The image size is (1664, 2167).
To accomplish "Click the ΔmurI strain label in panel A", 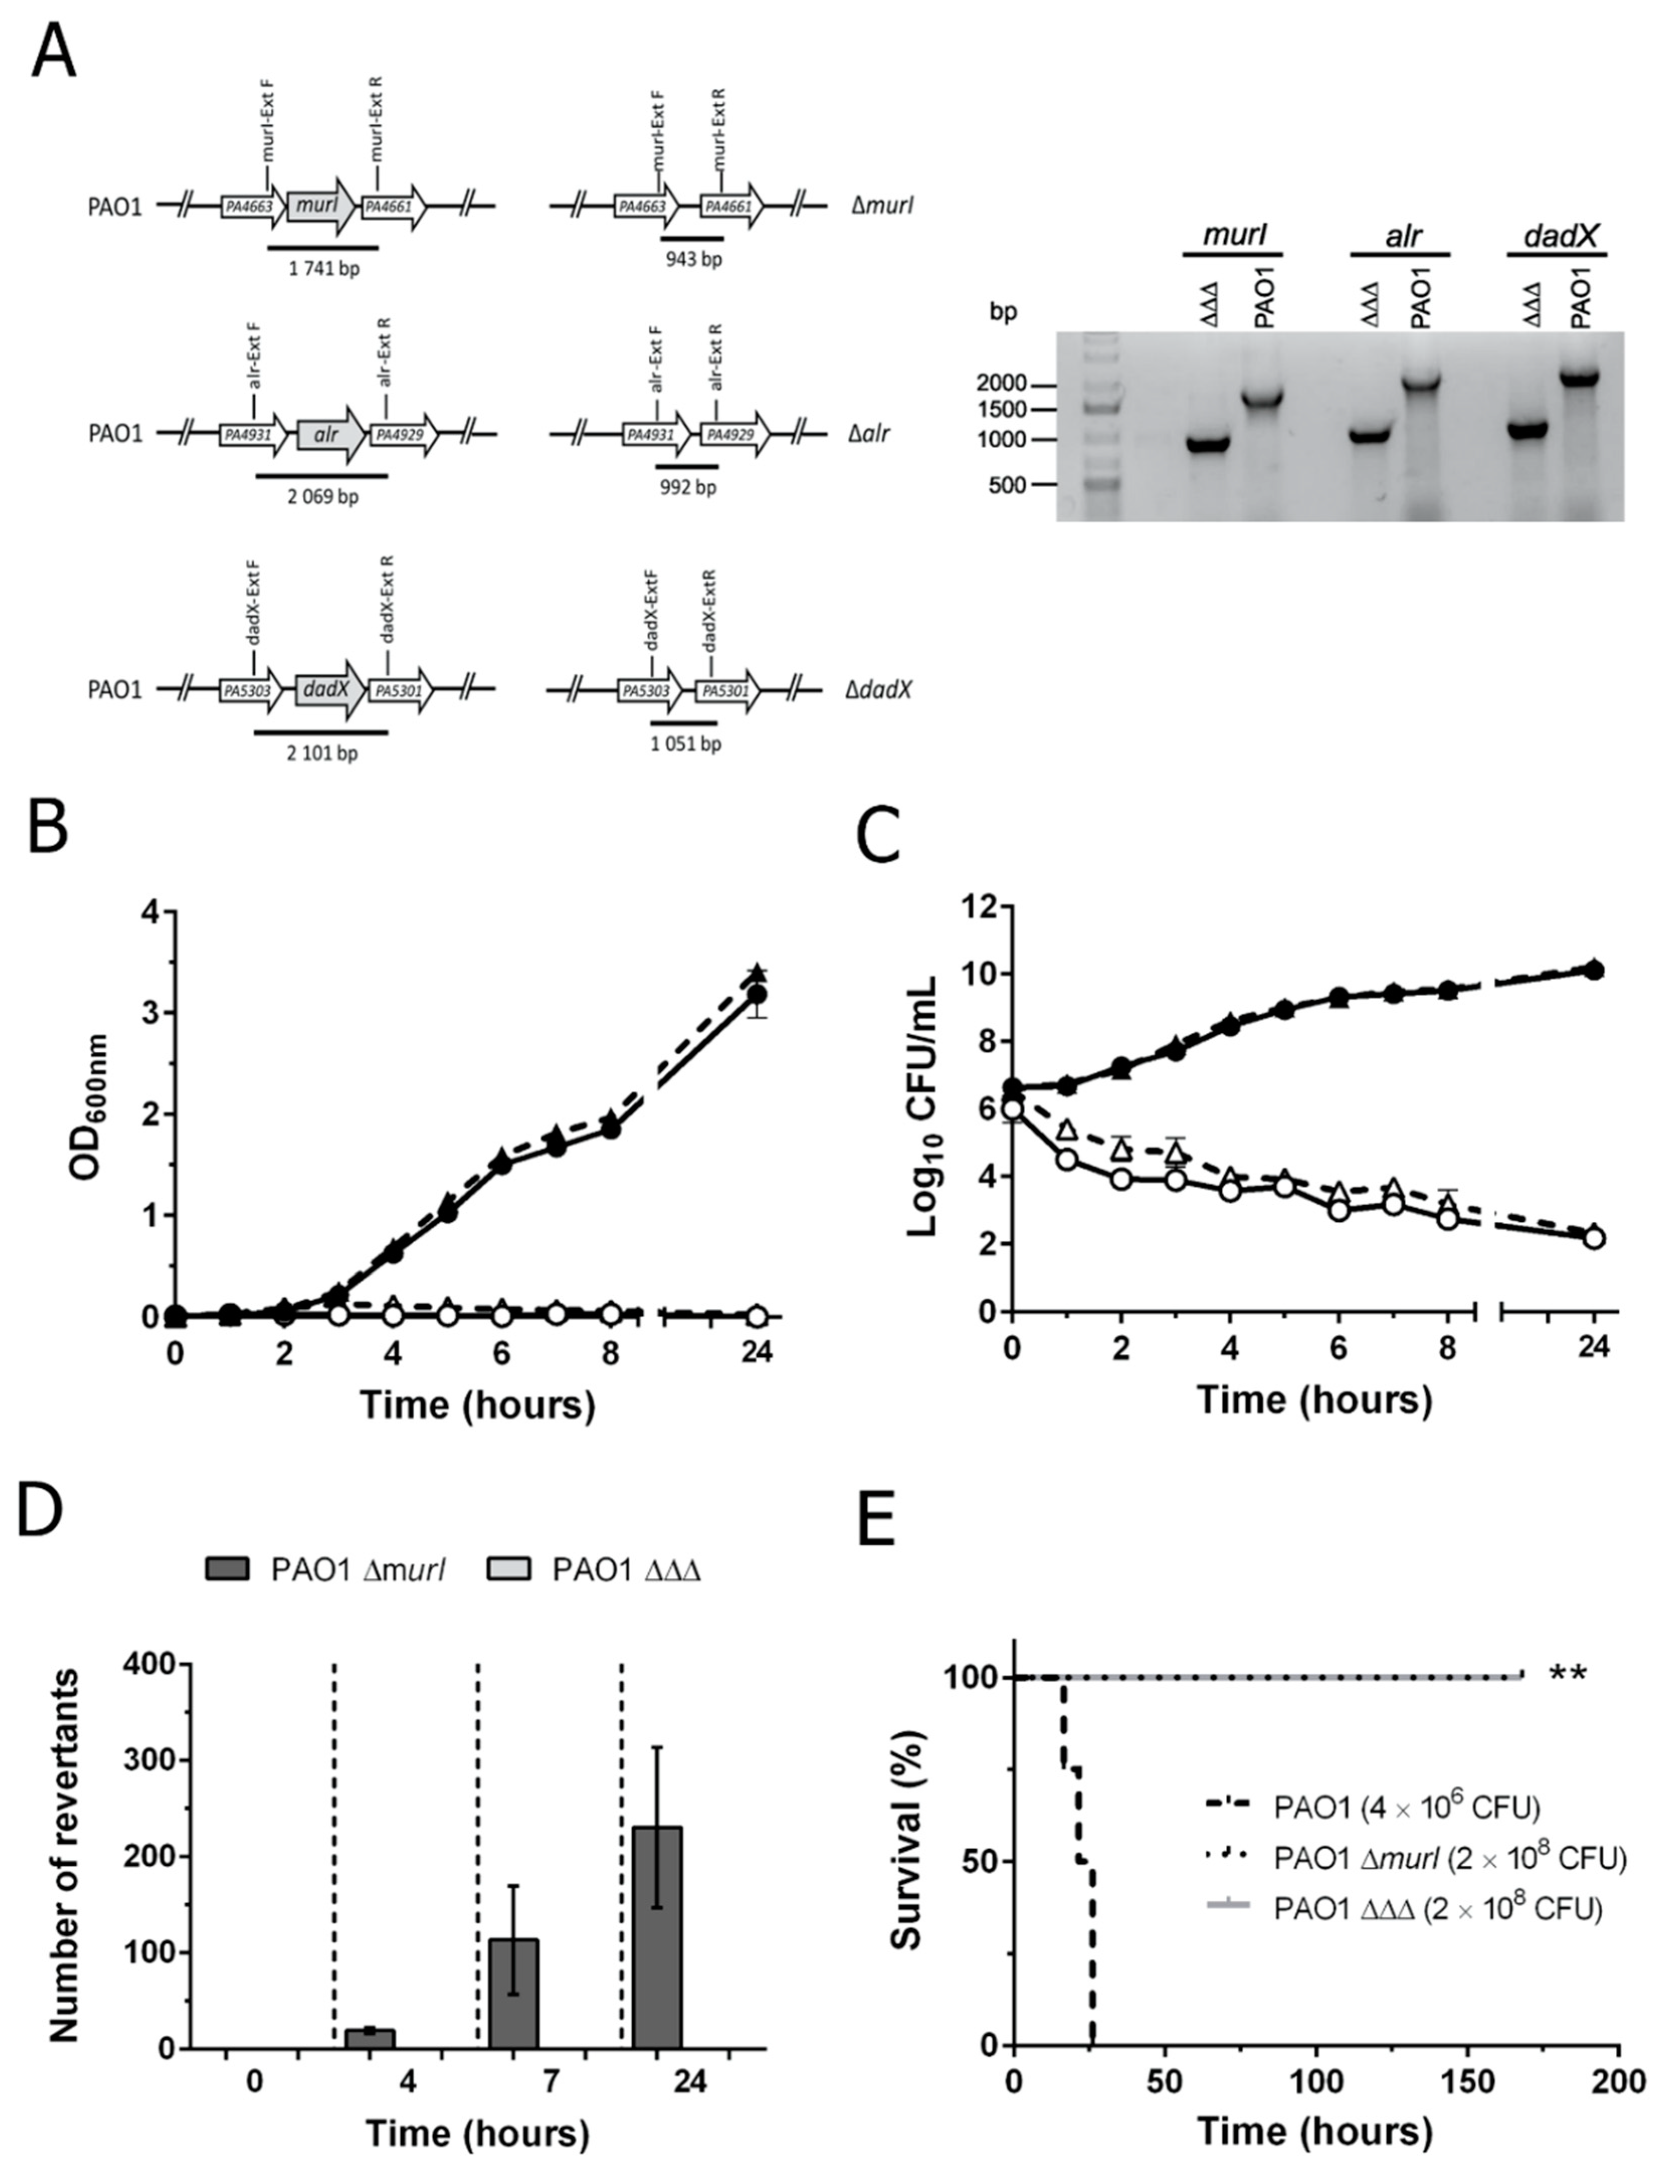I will [882, 206].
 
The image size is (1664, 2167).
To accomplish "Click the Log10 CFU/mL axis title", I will [923, 1111].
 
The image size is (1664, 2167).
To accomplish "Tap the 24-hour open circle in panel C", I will [1594, 1237].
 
